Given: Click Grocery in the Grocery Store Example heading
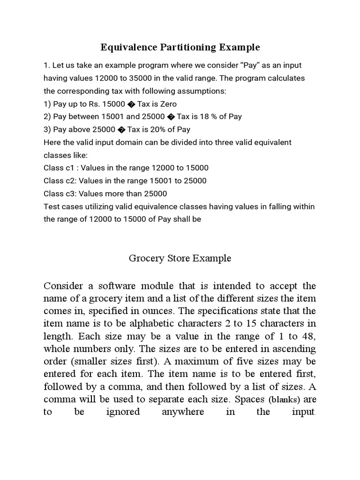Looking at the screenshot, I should point(143,258).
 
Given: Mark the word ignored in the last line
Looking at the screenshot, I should point(123,412).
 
